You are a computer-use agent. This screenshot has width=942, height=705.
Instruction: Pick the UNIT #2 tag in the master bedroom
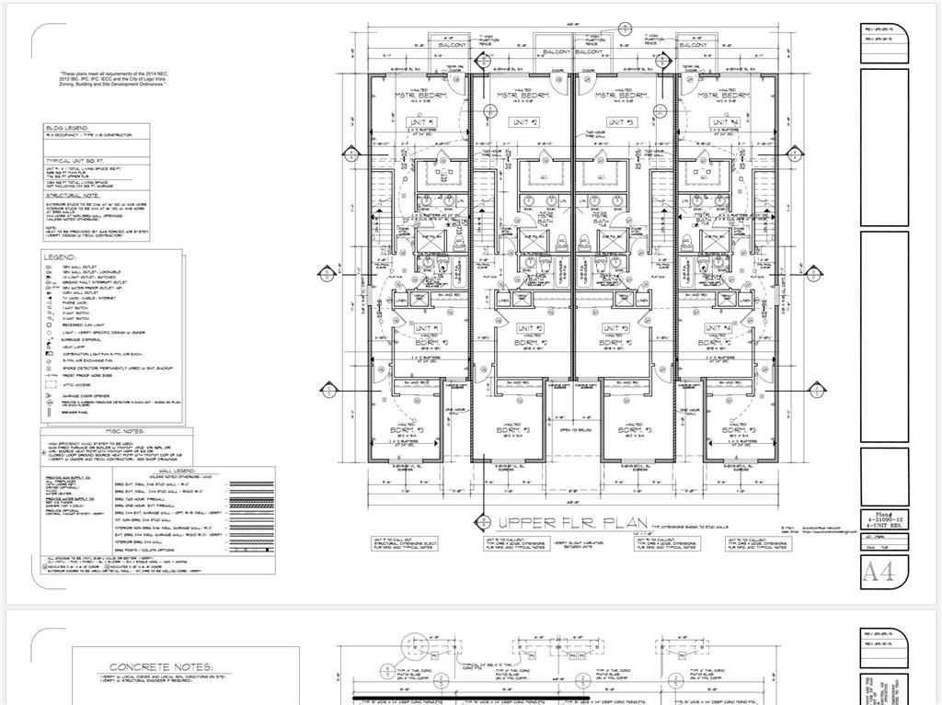click(522, 122)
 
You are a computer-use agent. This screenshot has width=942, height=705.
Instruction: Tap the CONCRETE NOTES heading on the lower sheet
click(162, 667)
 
